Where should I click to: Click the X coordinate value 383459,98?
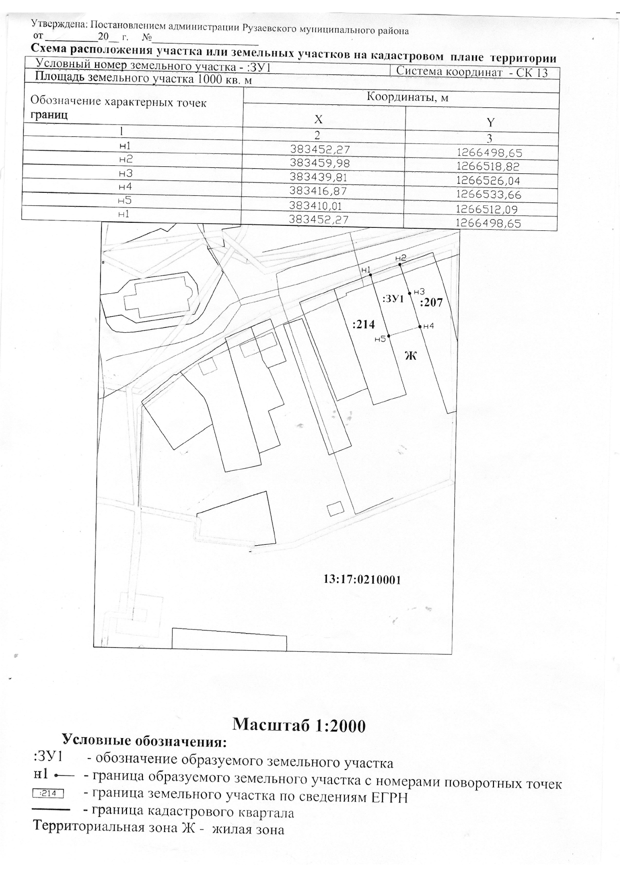(320, 163)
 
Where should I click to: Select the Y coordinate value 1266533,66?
(489, 194)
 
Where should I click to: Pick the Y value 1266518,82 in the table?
(489, 166)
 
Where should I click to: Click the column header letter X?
(318, 119)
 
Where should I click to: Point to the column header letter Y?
(490, 122)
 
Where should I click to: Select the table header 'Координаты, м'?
(407, 97)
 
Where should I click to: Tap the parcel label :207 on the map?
(431, 302)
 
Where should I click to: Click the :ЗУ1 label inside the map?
(392, 299)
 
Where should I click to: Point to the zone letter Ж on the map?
(410, 355)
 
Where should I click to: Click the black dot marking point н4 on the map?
(419, 327)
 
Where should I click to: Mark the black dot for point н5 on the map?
(388, 336)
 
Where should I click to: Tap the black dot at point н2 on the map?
(400, 264)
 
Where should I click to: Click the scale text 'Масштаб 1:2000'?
(299, 725)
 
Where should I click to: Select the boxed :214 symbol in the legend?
(49, 793)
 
